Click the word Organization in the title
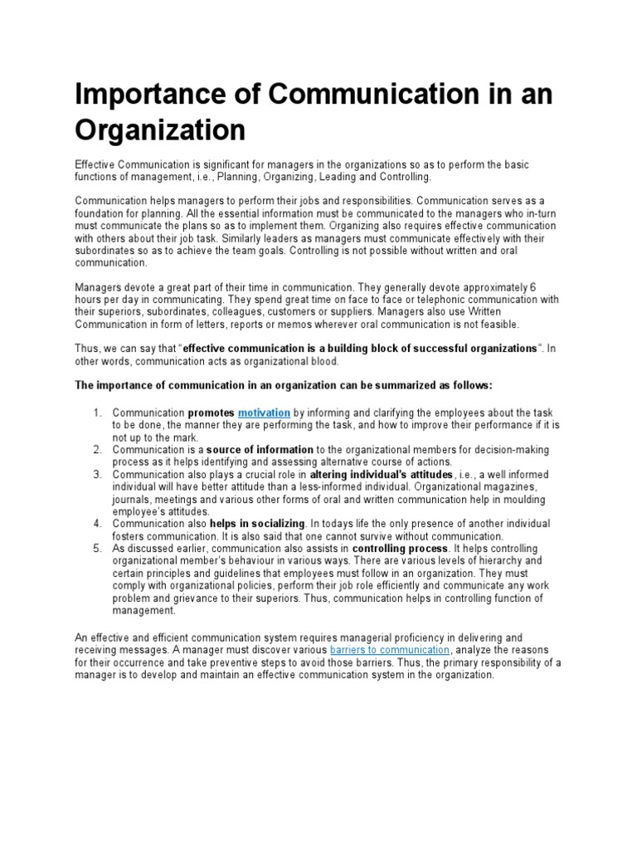(x=160, y=131)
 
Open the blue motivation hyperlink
(x=264, y=413)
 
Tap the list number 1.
(x=96, y=413)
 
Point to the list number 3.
(x=96, y=475)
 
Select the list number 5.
(x=96, y=549)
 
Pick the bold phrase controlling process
(x=401, y=549)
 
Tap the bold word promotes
(x=211, y=413)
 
